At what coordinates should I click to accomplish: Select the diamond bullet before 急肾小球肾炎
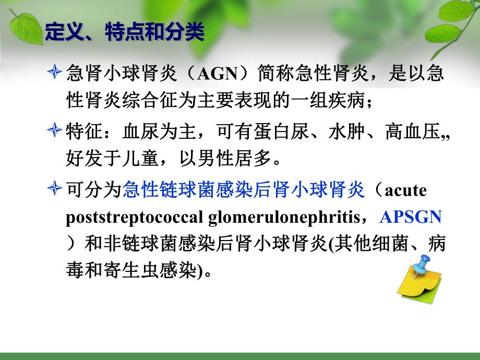pos(55,74)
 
